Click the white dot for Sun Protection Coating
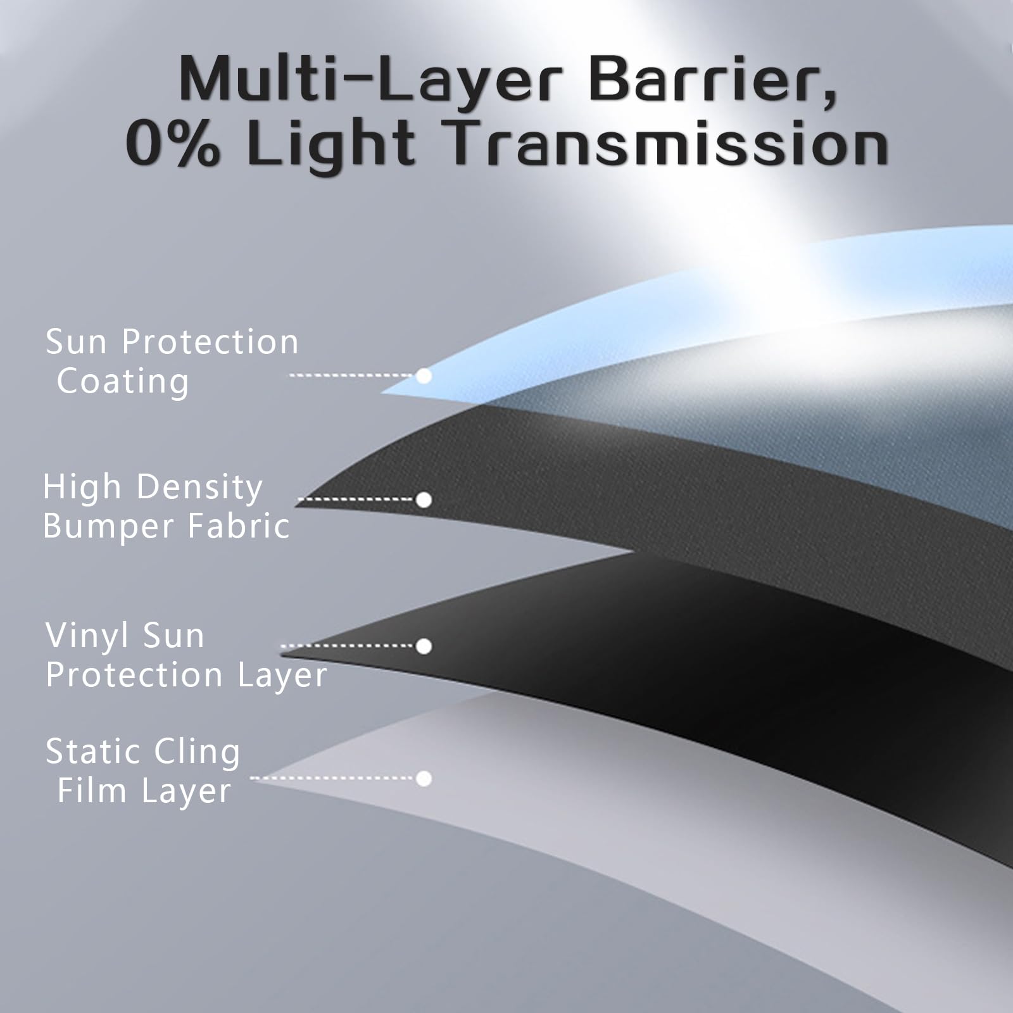click(x=424, y=376)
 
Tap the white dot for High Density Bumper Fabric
click(x=424, y=500)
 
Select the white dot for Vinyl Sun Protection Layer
click(x=424, y=646)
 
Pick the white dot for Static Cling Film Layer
click(x=424, y=778)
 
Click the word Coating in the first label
click(x=123, y=382)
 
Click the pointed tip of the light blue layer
click(x=381, y=393)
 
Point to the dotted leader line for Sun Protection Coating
click(x=353, y=375)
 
